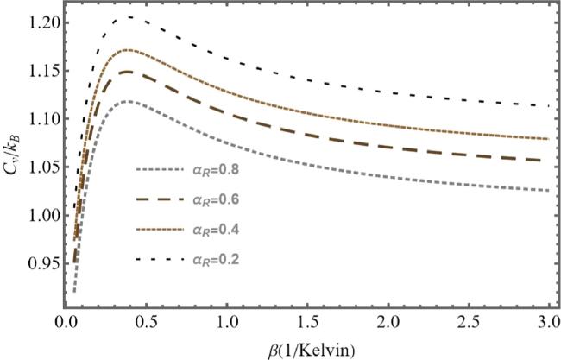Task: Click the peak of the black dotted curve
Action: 128,17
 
